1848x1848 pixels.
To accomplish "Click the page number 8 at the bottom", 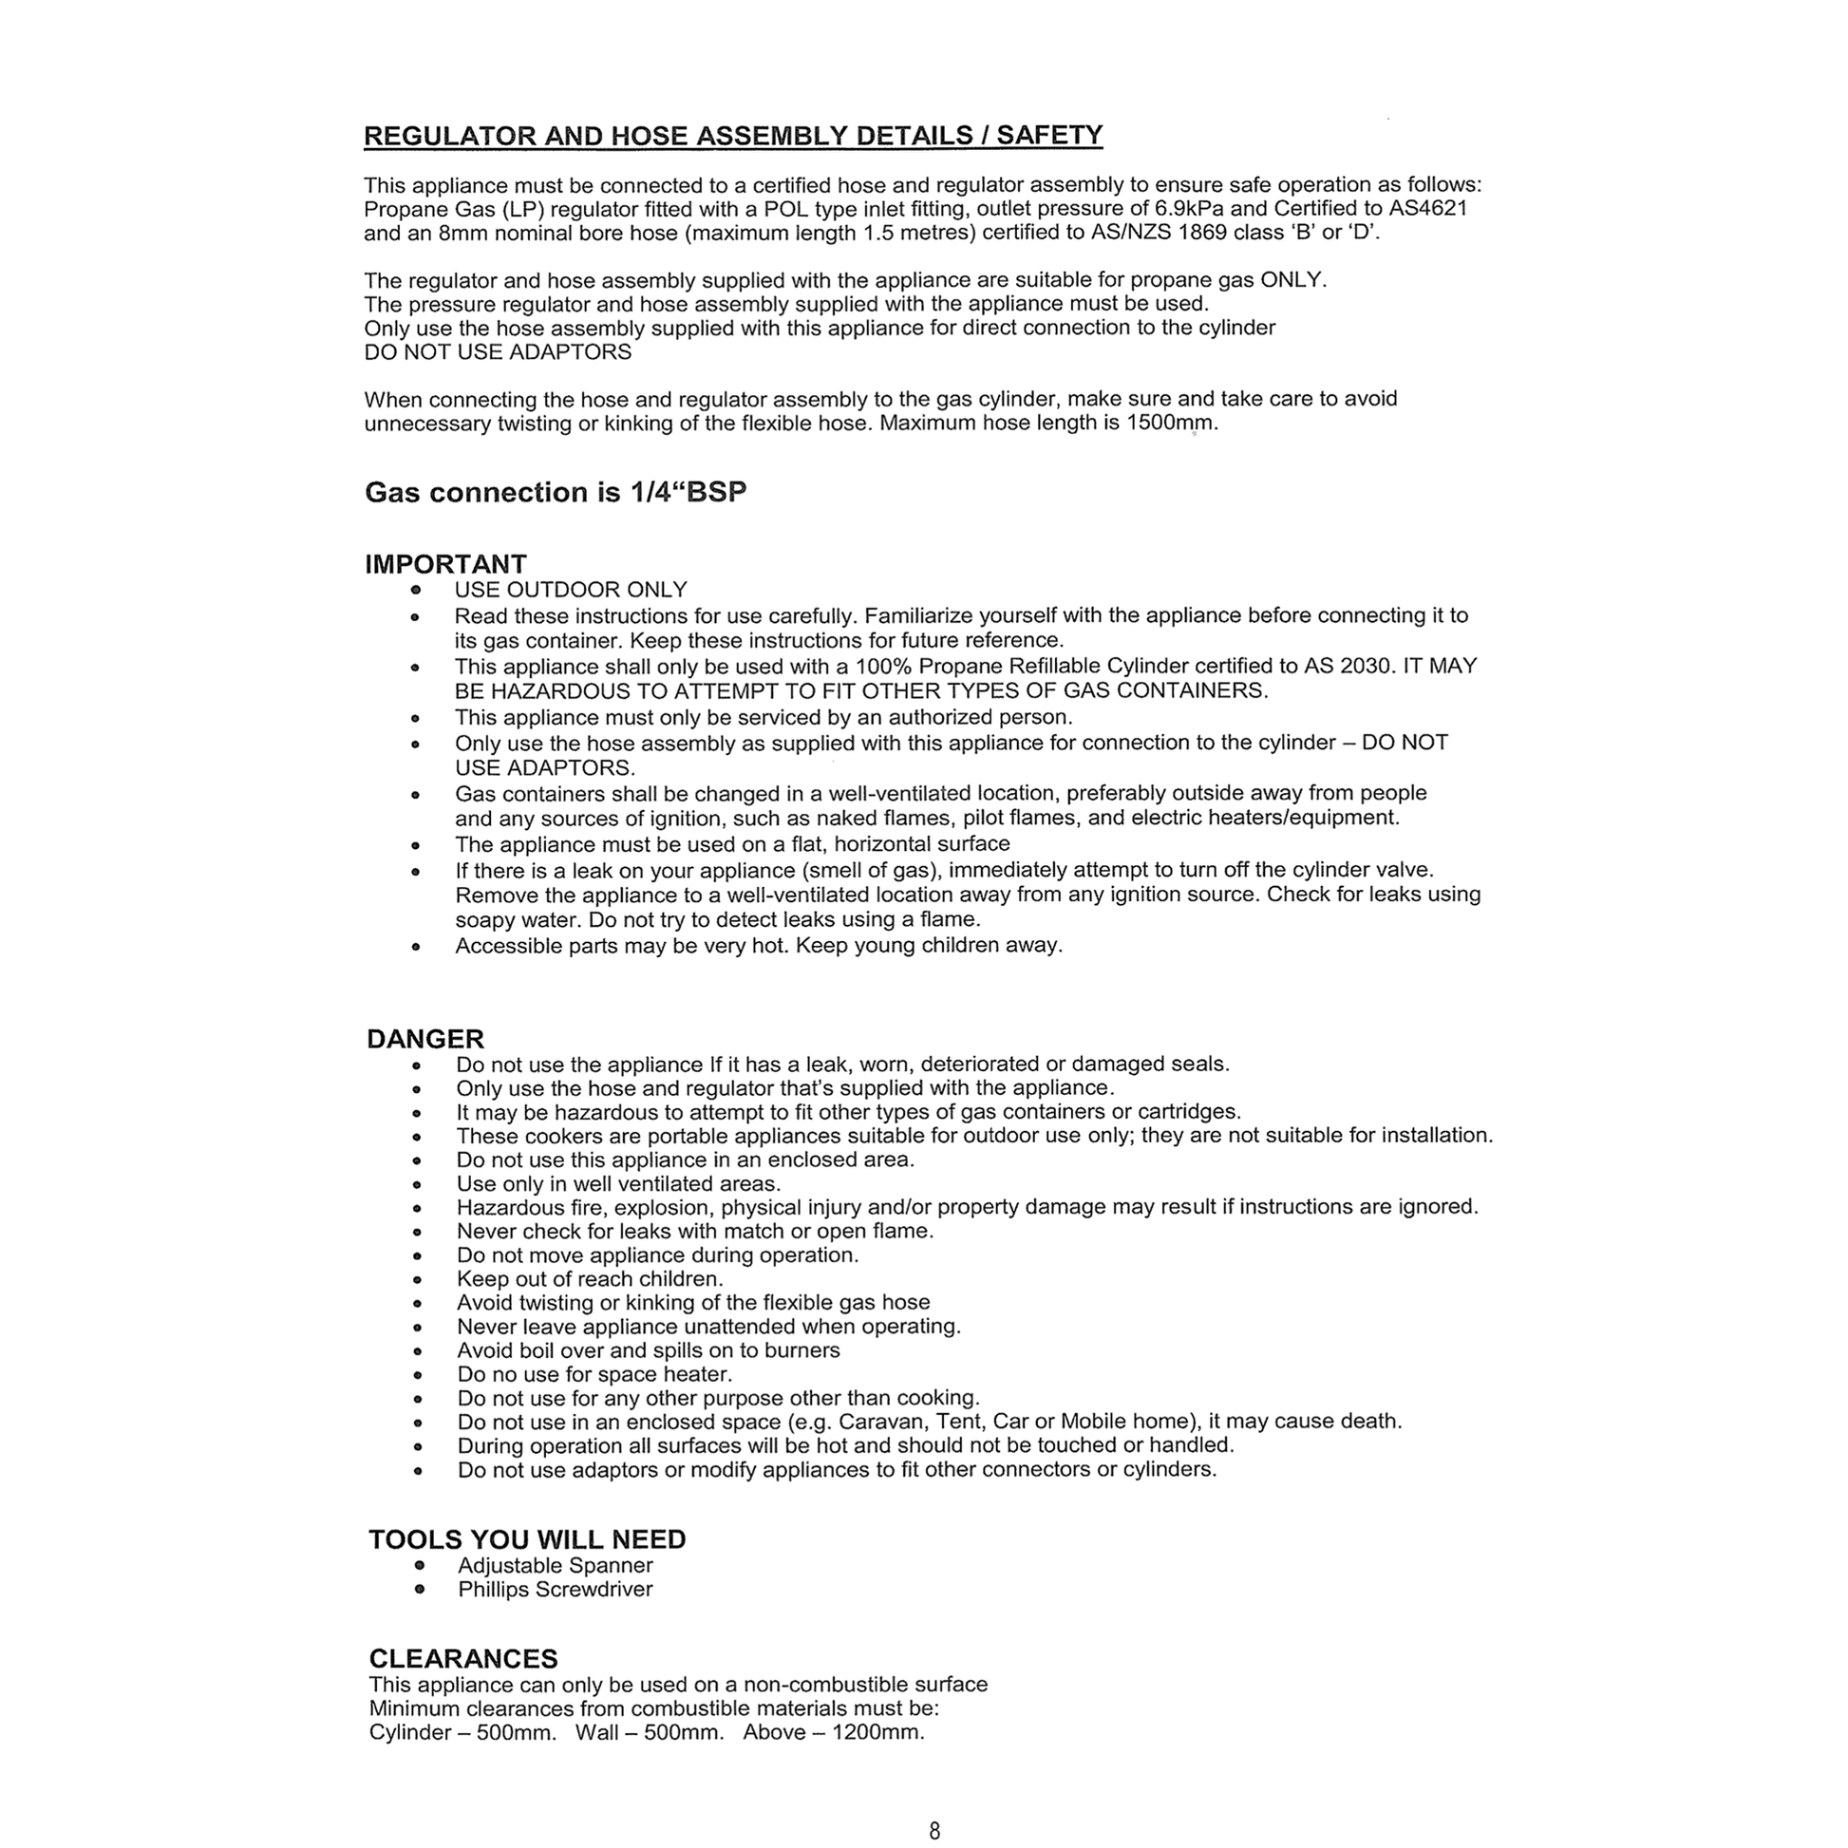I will pyautogui.click(x=934, y=1830).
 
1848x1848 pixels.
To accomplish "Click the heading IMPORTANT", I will pyautogui.click(x=445, y=564).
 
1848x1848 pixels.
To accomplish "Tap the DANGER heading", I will pyautogui.click(x=425, y=1039).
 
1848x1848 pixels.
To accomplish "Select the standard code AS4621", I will pyautogui.click(x=1427, y=209).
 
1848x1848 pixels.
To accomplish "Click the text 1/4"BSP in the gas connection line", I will pyautogui.click(x=688, y=492).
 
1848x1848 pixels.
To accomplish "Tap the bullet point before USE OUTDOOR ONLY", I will pyautogui.click(x=415, y=590).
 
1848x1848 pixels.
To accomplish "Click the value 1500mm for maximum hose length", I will pyautogui.click(x=1171, y=423).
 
